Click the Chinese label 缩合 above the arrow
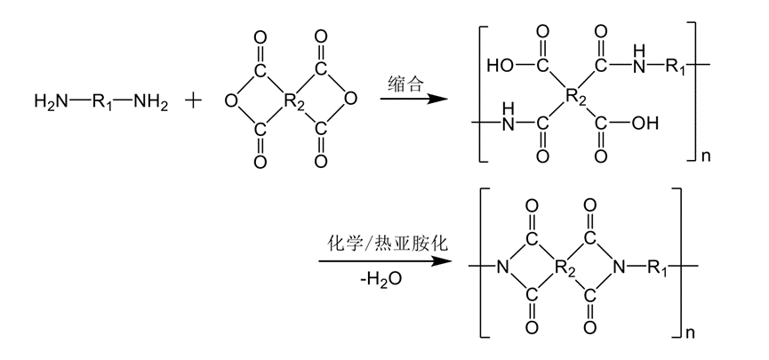coord(407,82)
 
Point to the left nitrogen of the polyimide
coord(502,266)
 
